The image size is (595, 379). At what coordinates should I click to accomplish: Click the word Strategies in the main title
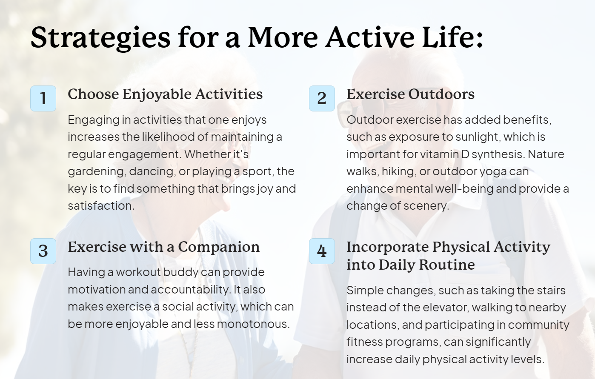coord(100,38)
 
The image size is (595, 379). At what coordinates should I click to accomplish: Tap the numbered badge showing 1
coord(43,98)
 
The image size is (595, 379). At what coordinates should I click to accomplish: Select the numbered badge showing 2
coord(322,98)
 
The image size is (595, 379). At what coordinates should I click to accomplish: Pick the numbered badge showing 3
coord(43,251)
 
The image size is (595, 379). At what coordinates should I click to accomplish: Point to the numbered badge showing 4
coord(322,251)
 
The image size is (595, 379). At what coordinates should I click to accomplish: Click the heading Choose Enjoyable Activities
coord(165,94)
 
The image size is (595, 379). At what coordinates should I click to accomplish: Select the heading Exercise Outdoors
coord(410,94)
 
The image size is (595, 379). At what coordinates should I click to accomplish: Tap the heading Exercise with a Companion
coord(163,248)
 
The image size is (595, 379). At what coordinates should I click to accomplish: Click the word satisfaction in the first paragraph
coord(101,206)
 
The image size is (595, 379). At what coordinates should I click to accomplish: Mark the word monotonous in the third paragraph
coord(253,324)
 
